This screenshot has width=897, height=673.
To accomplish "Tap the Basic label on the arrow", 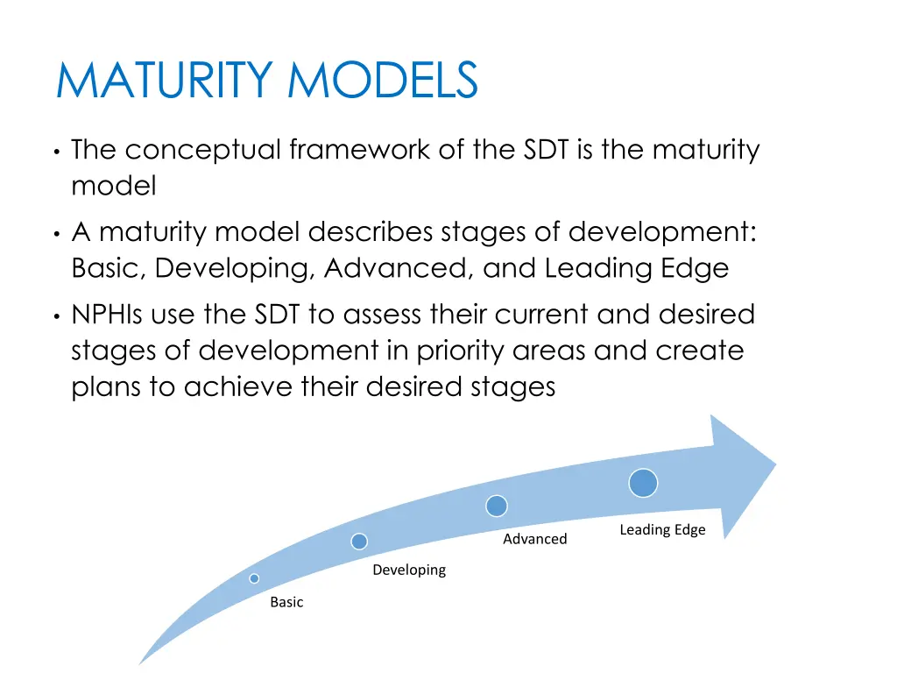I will tap(286, 602).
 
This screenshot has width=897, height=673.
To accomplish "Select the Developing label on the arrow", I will tap(408, 570).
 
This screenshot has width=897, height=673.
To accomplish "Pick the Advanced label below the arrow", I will tap(534, 539).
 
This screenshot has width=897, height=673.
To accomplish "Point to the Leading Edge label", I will tap(662, 530).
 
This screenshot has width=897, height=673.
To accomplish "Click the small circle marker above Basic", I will tap(254, 578).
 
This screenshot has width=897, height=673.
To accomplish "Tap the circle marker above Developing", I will tap(359, 541).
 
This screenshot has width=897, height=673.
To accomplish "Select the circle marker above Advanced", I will tap(497, 506).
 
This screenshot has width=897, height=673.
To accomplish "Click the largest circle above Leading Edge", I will tap(643, 483).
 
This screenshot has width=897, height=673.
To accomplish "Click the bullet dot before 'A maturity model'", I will tap(56, 235).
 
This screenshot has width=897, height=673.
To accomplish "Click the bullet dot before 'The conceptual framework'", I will tap(56, 152).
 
